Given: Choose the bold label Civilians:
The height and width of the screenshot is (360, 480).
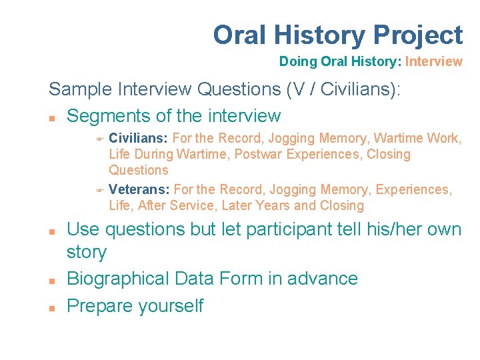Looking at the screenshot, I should pos(139,138).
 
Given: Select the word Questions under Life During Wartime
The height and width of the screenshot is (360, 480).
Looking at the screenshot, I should pos(139,170).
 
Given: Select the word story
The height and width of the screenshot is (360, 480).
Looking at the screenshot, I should pos(87,253).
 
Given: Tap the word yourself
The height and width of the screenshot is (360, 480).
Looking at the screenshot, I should pos(172,306).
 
